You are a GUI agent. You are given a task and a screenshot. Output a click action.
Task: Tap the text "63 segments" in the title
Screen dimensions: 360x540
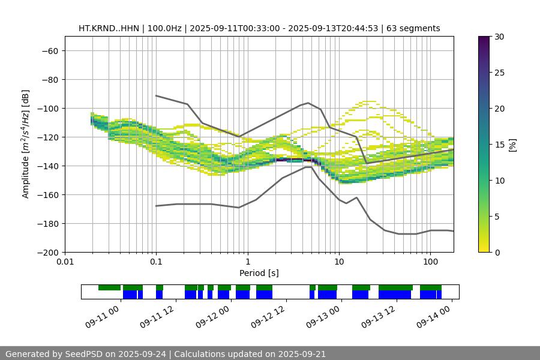click(x=413, y=28)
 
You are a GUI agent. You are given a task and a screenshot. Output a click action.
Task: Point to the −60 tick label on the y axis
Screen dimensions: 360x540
click(x=49, y=50)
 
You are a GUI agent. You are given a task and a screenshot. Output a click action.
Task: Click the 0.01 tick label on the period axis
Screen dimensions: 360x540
click(x=65, y=262)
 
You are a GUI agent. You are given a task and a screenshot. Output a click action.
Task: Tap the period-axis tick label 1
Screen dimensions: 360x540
click(x=247, y=262)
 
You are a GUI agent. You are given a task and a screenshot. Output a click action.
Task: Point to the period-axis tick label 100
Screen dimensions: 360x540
click(x=430, y=262)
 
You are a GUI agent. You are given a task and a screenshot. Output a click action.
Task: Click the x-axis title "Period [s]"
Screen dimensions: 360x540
click(x=259, y=273)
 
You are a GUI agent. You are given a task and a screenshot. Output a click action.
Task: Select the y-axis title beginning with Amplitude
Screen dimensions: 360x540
click(x=25, y=144)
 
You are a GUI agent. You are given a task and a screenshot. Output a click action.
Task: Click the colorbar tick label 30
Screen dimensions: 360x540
click(x=499, y=37)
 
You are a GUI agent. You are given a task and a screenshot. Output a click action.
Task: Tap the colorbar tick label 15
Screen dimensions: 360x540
click(x=499, y=145)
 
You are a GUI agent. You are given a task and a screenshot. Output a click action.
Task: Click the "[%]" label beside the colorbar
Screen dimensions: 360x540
click(x=512, y=145)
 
